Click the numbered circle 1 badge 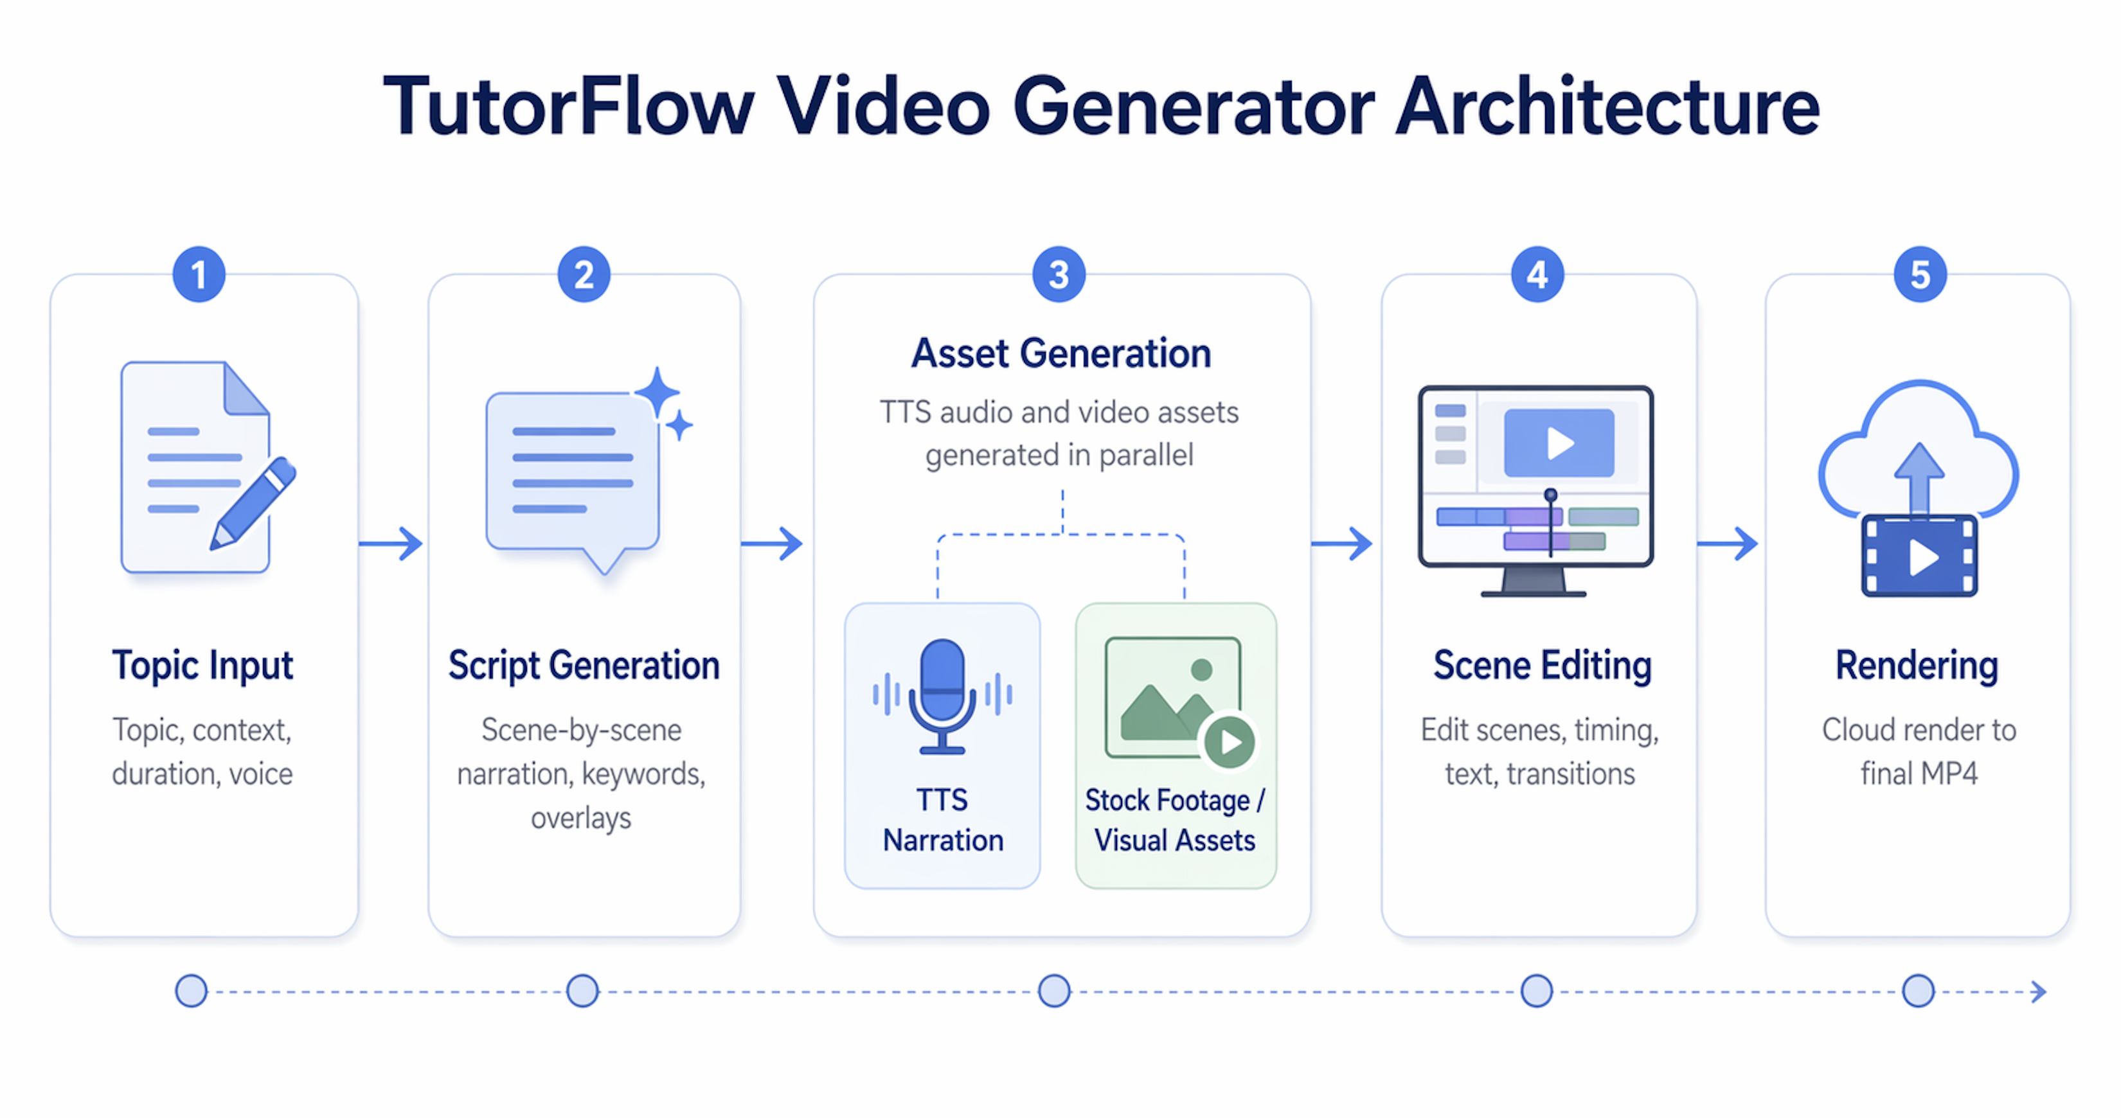(199, 274)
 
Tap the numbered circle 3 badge (1059, 274)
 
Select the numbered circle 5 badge (1920, 274)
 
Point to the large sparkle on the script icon (657, 393)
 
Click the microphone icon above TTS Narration (942, 696)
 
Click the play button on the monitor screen (1559, 443)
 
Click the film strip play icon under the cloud (1919, 556)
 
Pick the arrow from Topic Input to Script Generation (391, 544)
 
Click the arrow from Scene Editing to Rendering (1728, 544)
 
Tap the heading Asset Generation (1060, 354)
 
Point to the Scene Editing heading (1542, 665)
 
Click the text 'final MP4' (1919, 774)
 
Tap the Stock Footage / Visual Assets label (1175, 820)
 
